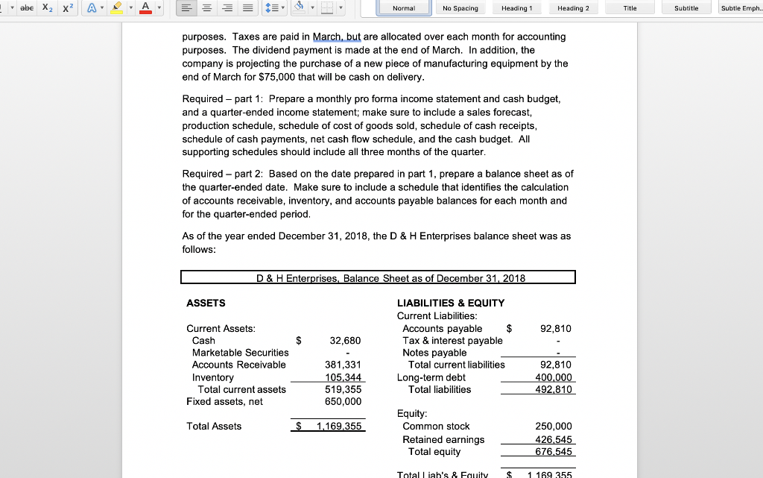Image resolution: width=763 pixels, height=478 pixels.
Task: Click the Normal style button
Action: tap(404, 8)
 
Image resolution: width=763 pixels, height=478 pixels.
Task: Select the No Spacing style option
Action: tap(460, 8)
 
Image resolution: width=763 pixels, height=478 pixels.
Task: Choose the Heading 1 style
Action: tap(516, 8)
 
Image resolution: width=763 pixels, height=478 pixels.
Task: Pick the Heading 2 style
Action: tap(573, 8)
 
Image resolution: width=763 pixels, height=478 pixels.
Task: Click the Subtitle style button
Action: tap(686, 8)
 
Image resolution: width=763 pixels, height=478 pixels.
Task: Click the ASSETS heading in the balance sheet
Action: tap(206, 303)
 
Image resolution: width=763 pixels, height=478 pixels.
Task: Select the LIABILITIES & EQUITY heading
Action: tap(451, 303)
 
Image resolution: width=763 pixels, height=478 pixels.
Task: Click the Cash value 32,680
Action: tap(346, 341)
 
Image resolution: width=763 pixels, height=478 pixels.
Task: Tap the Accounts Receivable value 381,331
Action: tap(343, 365)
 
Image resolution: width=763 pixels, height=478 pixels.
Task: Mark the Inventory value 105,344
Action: tap(343, 377)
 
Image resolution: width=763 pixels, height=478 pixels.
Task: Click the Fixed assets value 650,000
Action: tap(343, 401)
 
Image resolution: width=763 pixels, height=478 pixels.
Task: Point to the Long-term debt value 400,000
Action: tap(554, 377)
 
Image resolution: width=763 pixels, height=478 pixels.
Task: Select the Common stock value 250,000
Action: tap(554, 427)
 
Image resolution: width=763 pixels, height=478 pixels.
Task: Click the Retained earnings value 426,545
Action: tap(554, 439)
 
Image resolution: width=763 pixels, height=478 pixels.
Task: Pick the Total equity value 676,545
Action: tap(554, 451)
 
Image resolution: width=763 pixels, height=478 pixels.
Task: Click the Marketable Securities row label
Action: tap(240, 353)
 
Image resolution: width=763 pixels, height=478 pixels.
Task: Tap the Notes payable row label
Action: tap(434, 353)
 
